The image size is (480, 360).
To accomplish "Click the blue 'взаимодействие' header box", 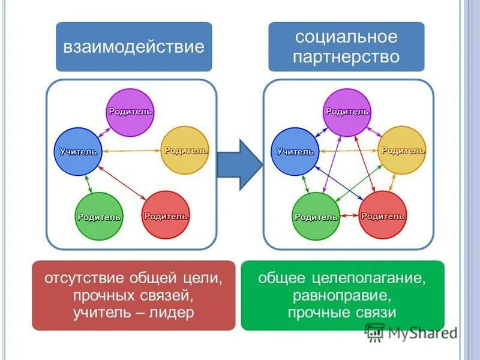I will click(x=134, y=47).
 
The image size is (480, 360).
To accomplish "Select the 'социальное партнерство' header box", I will click(x=346, y=47).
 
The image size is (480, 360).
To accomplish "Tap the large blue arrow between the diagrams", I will click(x=239, y=165).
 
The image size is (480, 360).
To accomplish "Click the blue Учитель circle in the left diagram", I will click(x=78, y=152).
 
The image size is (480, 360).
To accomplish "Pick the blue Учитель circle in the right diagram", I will click(x=295, y=152).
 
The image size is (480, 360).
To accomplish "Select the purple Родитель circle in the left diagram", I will click(x=131, y=112).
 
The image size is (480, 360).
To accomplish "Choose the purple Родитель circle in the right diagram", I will click(x=347, y=112).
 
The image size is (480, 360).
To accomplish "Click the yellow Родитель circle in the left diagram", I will click(x=185, y=151).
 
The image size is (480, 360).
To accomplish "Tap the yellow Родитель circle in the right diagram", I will click(x=402, y=150).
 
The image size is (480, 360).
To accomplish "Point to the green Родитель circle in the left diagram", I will click(x=100, y=217).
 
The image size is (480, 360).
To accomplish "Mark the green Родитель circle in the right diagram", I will click(x=316, y=217).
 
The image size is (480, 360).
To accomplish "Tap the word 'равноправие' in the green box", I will click(x=343, y=295).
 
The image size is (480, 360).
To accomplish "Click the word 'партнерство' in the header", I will click(x=346, y=56).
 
